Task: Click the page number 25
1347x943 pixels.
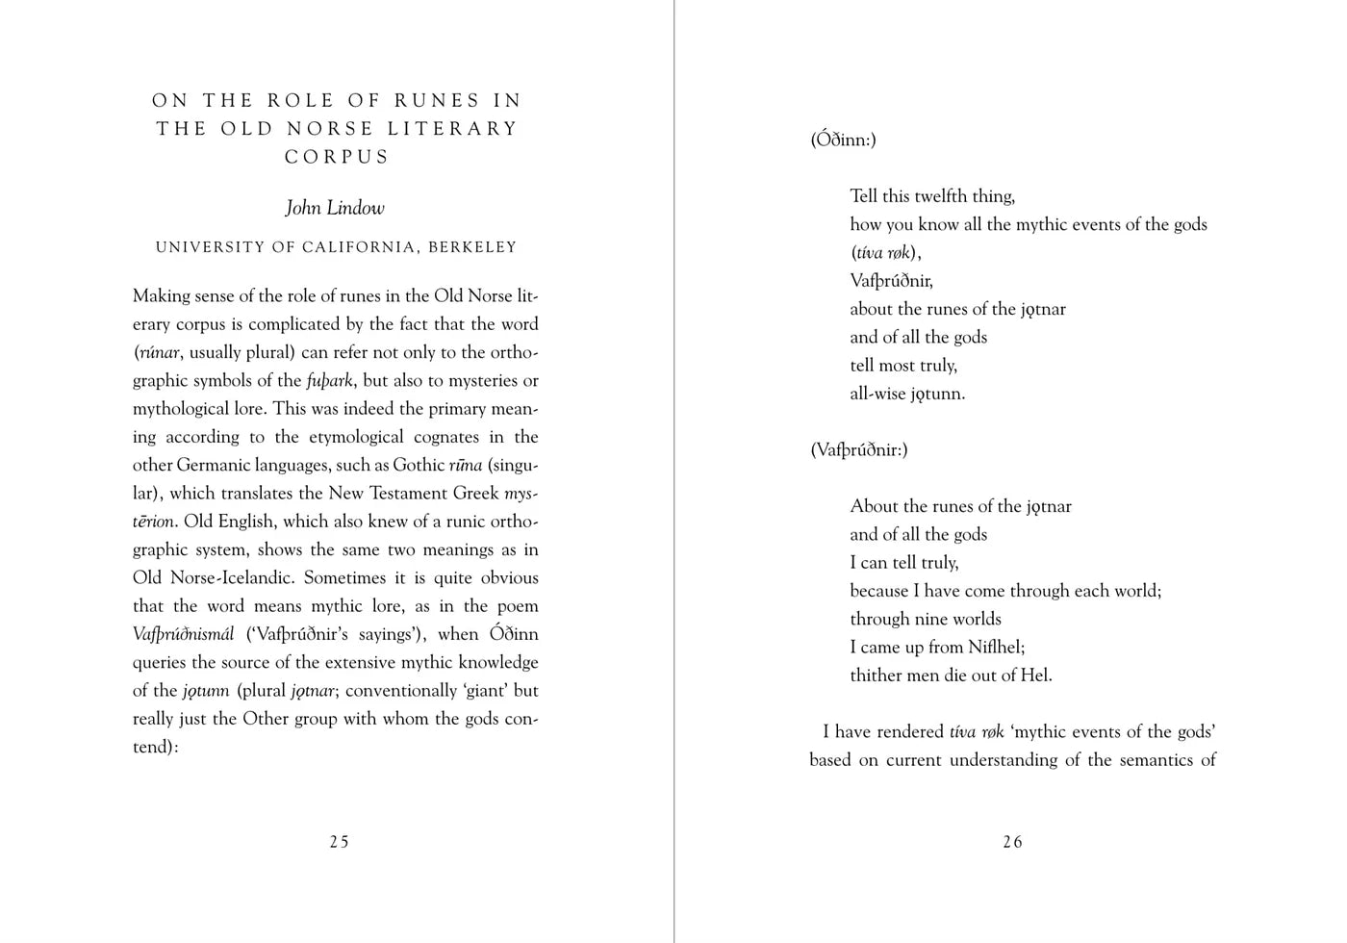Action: (x=339, y=842)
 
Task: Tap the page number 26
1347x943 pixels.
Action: (x=1012, y=842)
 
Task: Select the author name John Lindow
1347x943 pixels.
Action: (x=335, y=208)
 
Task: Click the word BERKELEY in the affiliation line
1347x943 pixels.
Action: (x=472, y=247)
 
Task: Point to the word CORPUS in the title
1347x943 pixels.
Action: (x=337, y=157)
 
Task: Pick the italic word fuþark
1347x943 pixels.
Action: (x=330, y=380)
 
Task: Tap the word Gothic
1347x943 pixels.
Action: (x=419, y=465)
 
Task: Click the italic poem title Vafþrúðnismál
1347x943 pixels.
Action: (x=184, y=634)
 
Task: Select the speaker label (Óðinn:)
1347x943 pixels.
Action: (x=843, y=140)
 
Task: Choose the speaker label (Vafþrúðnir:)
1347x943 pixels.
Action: (x=859, y=449)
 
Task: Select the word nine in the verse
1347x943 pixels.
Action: (x=928, y=619)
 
